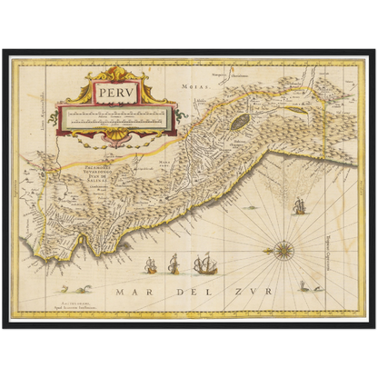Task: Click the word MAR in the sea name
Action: click(x=132, y=293)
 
